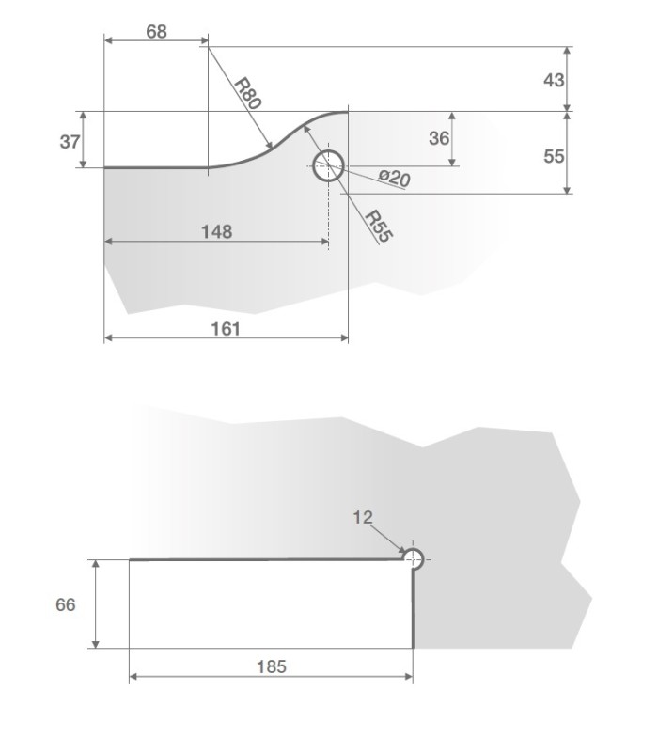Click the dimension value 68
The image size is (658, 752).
(156, 31)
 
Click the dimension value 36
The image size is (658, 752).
(438, 138)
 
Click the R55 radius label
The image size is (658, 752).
(378, 227)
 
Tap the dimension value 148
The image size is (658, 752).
(216, 230)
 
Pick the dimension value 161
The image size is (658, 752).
(226, 328)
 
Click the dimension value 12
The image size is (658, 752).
(364, 517)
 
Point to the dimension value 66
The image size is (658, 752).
(66, 604)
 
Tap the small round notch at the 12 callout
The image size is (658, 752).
(414, 557)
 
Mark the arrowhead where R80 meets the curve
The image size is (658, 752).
(271, 146)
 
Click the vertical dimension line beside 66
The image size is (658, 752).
(95, 604)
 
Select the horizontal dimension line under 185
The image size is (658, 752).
(271, 678)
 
